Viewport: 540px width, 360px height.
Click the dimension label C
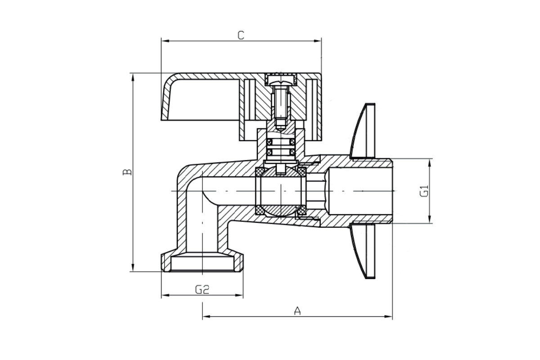pyautogui.click(x=241, y=36)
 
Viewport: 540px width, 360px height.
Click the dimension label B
pyautogui.click(x=127, y=172)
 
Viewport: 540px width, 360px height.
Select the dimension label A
pyautogui.click(x=297, y=311)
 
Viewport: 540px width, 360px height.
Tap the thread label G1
pyautogui.click(x=424, y=191)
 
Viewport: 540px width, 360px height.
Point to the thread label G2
pyautogui.click(x=202, y=289)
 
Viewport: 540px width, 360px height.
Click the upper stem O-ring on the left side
pyautogui.click(x=269, y=142)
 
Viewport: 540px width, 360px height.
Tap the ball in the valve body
pyautogui.click(x=281, y=191)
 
